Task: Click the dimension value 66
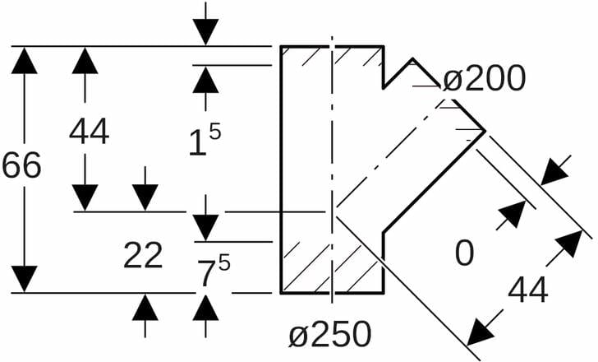[x=21, y=166]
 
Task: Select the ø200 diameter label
[x=483, y=79]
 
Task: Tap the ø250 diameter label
[x=329, y=334]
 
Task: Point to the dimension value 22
[x=143, y=256]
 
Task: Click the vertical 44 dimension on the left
[x=89, y=132]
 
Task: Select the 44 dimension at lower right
[x=527, y=290]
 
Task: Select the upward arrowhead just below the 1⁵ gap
[x=205, y=80]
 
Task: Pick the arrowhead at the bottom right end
[x=480, y=332]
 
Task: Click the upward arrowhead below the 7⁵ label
[x=205, y=307]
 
